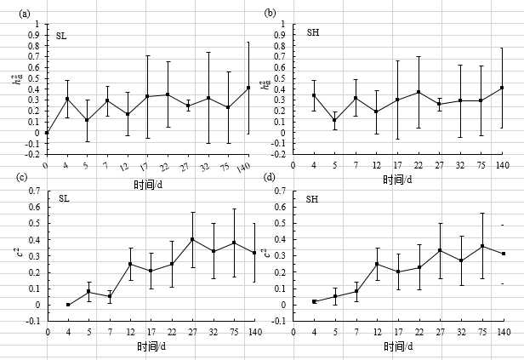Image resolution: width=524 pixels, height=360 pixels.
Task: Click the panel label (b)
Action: [271, 13]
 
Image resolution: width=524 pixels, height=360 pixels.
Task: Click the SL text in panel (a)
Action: [61, 36]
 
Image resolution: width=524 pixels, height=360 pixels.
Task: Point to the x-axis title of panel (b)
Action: [396, 180]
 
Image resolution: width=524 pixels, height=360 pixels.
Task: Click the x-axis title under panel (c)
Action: [147, 346]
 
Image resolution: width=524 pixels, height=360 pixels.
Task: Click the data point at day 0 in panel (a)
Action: [47, 133]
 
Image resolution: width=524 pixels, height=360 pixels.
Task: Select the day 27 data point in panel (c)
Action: [192, 239]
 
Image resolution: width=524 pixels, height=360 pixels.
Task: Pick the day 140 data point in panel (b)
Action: [502, 88]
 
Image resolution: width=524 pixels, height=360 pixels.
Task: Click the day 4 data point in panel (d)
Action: [314, 301]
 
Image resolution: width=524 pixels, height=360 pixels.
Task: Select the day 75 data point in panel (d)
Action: [481, 246]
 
